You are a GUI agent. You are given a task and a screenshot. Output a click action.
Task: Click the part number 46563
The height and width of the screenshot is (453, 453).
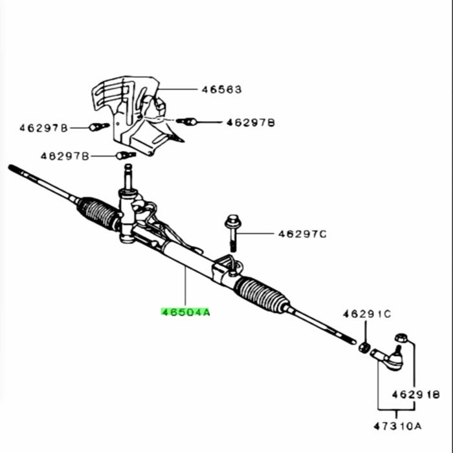[221, 89]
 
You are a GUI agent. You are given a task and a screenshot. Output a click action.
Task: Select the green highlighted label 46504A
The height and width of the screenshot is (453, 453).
[186, 313]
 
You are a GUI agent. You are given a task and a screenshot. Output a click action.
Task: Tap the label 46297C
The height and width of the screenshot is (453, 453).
[302, 234]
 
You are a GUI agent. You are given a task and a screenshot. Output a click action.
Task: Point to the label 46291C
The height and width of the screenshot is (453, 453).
[367, 314]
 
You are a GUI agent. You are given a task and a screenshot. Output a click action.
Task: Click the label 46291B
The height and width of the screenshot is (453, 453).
[416, 394]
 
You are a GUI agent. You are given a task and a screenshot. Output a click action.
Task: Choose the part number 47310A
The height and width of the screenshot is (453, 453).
[397, 426]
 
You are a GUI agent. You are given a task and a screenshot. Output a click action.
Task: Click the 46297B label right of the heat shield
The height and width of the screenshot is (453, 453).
[250, 123]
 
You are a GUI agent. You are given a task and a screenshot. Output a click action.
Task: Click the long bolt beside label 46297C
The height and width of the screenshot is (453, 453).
[232, 233]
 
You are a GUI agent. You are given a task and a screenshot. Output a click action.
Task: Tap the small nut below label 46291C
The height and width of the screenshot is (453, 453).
[364, 348]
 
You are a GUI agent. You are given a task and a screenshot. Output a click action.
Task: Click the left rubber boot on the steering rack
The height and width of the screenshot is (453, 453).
[98, 214]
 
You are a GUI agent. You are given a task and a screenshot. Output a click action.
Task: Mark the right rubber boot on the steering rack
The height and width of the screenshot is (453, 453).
[261, 294]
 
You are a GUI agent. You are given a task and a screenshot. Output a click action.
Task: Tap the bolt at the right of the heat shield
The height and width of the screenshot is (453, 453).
[186, 122]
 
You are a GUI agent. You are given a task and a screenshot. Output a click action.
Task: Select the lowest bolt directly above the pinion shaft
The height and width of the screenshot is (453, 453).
[126, 155]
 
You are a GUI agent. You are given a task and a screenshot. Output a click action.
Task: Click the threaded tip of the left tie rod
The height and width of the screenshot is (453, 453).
[17, 171]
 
